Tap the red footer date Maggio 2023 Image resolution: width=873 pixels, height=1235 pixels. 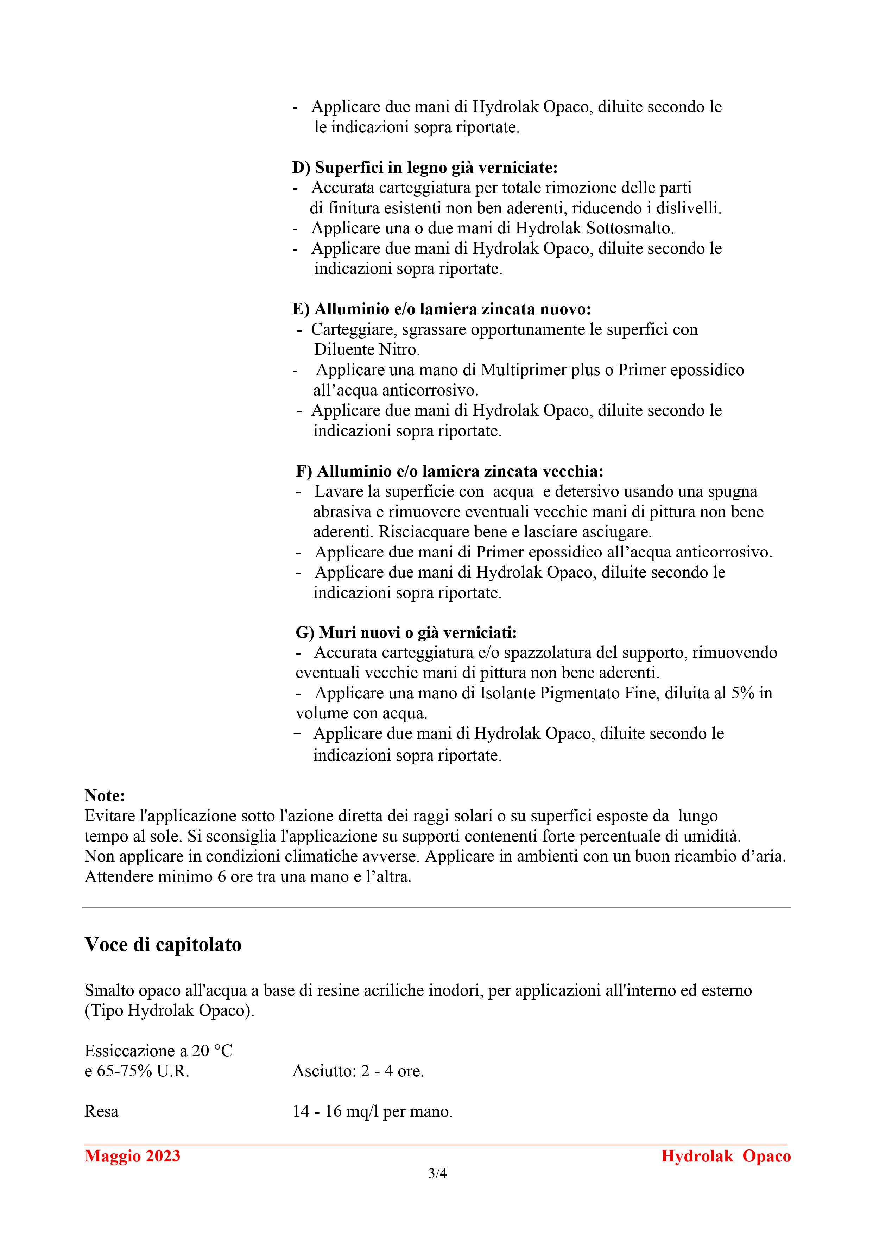click(132, 1156)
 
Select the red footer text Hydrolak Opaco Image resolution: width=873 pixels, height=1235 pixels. click(726, 1156)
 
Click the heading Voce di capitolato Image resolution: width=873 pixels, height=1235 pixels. click(163, 945)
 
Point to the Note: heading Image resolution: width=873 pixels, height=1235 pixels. click(105, 795)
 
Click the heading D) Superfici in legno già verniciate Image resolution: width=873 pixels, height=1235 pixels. click(425, 168)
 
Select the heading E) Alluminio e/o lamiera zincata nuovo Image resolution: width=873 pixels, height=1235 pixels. click(442, 309)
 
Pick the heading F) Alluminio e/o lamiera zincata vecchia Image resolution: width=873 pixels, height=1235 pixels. click(450, 471)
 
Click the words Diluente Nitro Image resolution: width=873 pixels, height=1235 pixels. click(367, 349)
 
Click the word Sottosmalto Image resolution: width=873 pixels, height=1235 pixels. click(630, 228)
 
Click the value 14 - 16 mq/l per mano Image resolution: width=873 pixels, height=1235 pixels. click(372, 1111)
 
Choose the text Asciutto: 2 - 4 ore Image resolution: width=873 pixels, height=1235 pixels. click(358, 1071)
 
